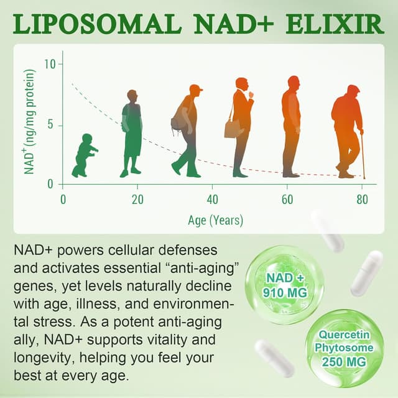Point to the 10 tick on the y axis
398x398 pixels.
(x=50, y=64)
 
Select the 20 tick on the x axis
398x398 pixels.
(x=137, y=199)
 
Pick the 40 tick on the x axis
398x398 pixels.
(x=213, y=199)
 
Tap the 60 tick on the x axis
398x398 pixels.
(x=287, y=199)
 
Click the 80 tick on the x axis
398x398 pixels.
(x=362, y=199)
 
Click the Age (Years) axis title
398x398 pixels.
(x=215, y=220)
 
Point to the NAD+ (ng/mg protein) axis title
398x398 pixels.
(x=30, y=121)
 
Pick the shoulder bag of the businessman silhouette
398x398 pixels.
(x=233, y=127)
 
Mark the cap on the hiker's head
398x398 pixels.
(x=196, y=88)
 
